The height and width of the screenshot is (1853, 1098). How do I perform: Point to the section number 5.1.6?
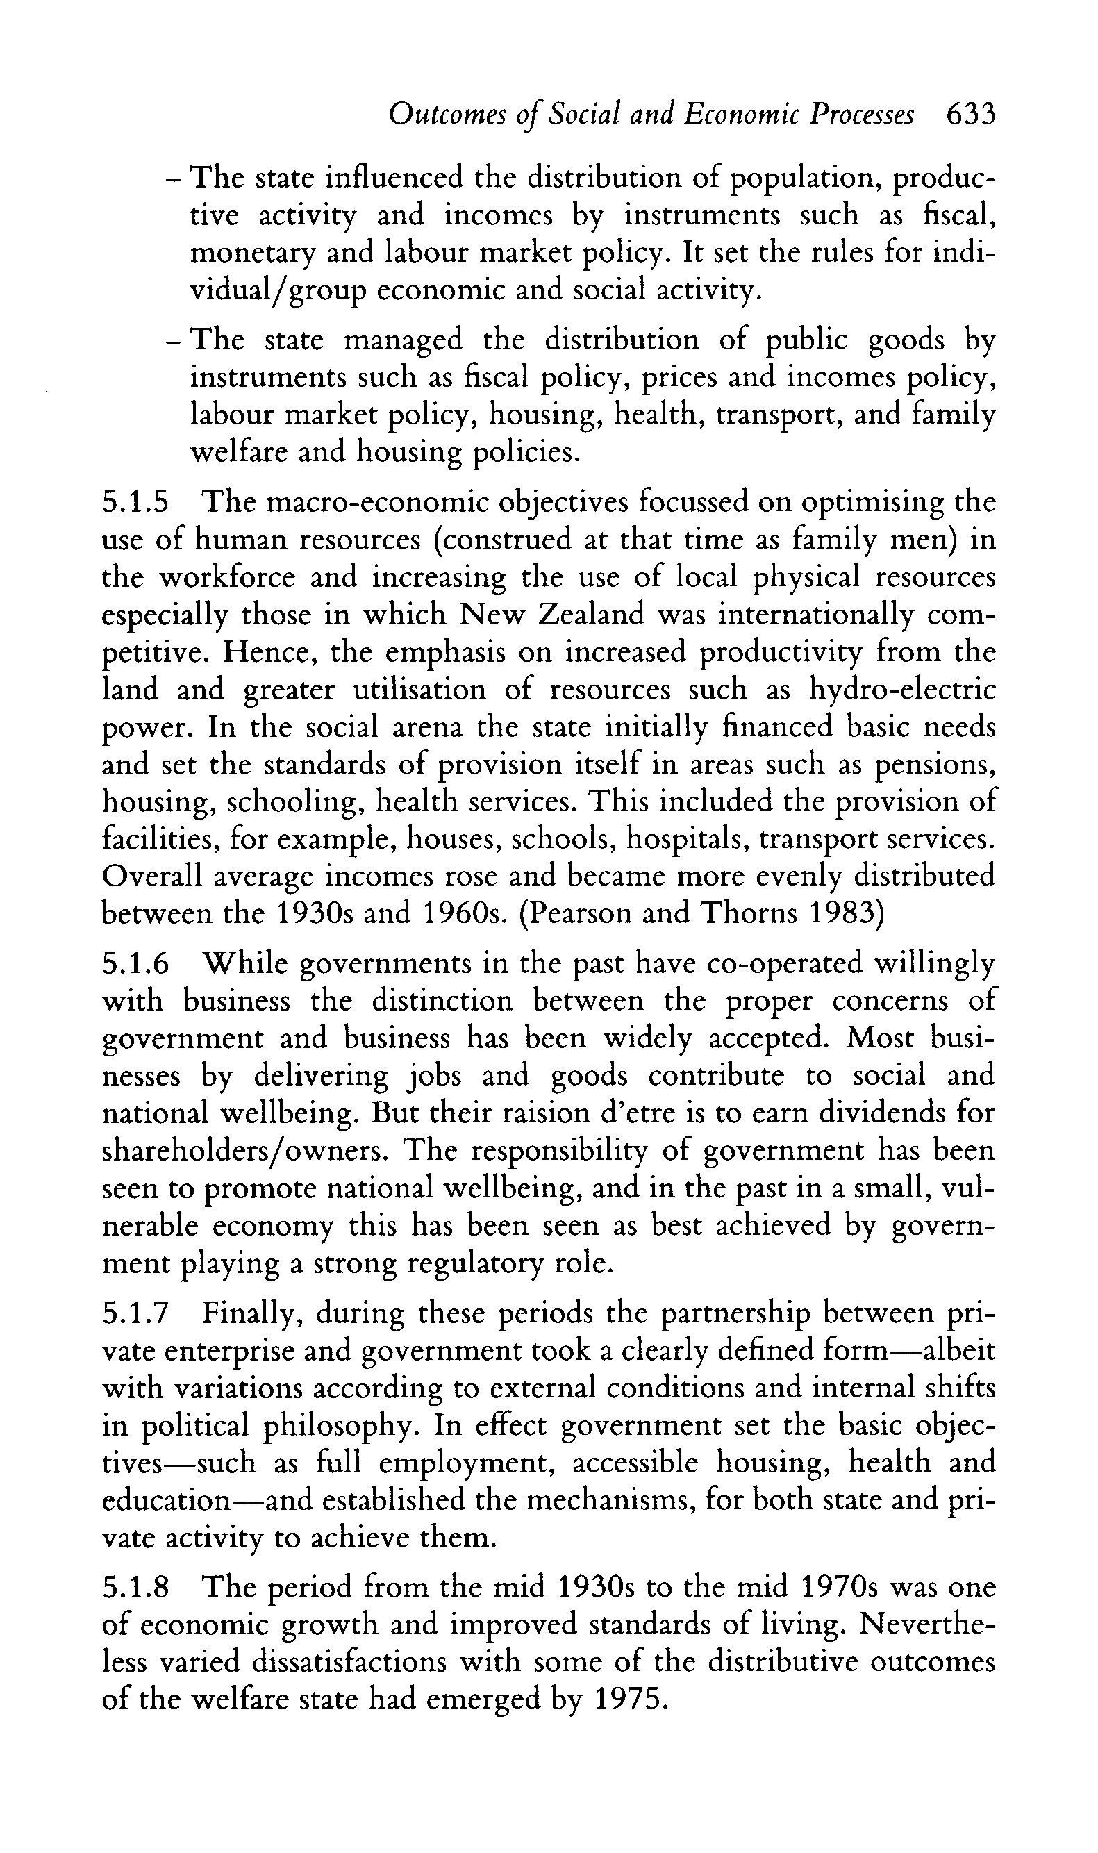point(135,964)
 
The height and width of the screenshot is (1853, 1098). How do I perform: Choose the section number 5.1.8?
point(135,1588)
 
